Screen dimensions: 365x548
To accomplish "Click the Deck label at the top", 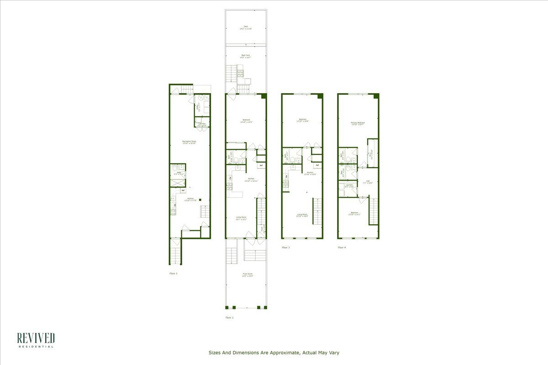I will coord(246,27).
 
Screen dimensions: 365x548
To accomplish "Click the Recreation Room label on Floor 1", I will coord(189,141).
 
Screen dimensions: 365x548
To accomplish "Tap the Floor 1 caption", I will coord(173,273).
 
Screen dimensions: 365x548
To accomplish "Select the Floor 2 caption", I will coord(229,317).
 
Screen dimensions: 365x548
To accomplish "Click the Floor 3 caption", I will coord(285,247).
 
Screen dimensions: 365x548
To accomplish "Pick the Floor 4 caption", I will coord(342,247).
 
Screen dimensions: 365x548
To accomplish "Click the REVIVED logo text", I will coord(36,338).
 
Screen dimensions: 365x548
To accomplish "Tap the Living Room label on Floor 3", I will coord(302,214).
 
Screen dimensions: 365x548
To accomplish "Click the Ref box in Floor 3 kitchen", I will coord(317,165).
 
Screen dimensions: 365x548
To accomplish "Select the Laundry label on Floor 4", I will coord(348,185).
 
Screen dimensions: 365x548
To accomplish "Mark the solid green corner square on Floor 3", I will coord(320,96).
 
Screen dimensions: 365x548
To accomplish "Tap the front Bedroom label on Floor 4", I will coord(354,213).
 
